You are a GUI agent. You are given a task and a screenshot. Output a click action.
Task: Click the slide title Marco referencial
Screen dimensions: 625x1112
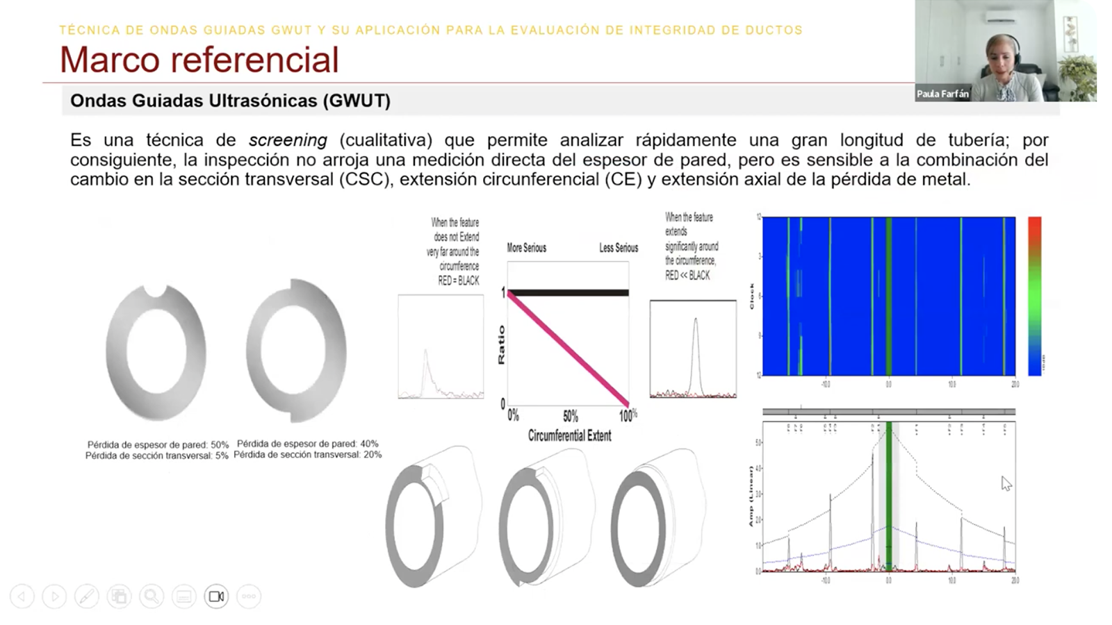199,60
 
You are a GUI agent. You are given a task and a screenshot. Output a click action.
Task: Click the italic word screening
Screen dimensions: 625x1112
288,140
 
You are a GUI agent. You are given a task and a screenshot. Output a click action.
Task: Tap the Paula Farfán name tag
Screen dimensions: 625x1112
942,94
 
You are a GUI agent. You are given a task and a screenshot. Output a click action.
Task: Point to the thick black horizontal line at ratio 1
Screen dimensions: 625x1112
569,293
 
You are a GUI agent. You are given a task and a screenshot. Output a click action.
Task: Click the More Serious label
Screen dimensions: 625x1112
526,248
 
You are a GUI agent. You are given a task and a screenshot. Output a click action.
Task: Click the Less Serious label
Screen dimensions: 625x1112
619,248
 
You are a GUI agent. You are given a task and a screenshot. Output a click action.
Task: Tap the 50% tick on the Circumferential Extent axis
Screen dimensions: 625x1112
571,416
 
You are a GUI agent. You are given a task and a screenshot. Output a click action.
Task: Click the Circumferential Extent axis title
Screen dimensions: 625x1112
569,436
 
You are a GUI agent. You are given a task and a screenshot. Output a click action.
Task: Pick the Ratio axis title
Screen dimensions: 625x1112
501,345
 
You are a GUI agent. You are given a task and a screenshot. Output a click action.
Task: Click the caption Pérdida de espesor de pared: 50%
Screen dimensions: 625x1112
158,444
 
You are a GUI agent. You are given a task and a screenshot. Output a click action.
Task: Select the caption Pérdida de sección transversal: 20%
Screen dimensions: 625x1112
307,455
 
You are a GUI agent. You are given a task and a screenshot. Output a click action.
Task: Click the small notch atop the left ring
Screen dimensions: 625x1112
154,290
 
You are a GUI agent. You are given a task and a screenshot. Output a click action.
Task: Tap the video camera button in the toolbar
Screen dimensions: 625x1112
216,597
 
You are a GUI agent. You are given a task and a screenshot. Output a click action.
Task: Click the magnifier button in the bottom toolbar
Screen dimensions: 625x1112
151,597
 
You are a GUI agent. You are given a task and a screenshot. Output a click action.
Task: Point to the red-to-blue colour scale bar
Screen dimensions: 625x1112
1034,296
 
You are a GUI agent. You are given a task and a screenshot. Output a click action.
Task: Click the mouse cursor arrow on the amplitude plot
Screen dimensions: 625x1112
1006,483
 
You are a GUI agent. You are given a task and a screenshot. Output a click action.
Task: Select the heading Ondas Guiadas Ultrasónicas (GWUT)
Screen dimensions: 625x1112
230,101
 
